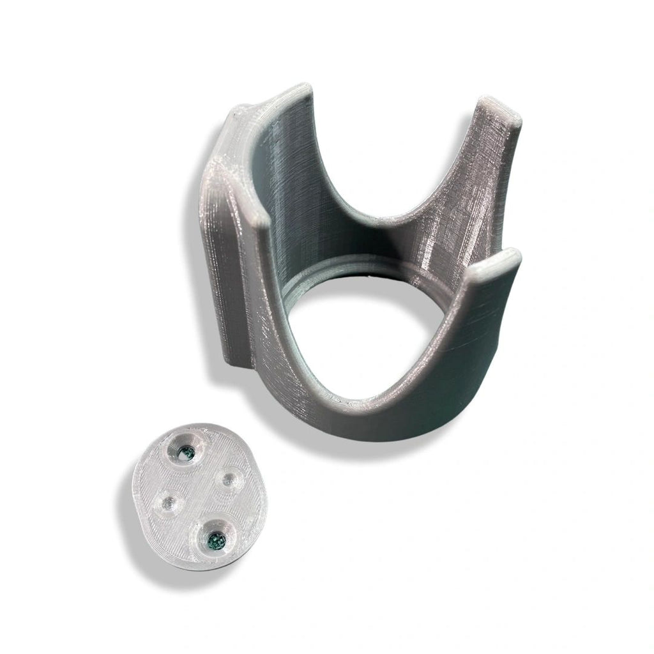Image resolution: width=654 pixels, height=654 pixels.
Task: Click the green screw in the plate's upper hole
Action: [186, 453]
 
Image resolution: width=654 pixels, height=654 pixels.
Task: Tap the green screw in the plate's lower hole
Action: [214, 542]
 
